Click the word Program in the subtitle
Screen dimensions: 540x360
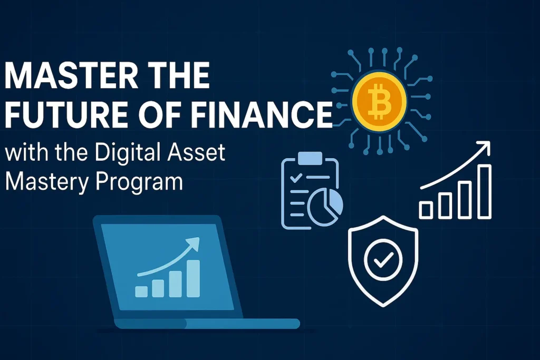click(139, 182)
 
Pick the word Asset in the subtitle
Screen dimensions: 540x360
click(196, 152)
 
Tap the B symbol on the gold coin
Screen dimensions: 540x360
click(380, 101)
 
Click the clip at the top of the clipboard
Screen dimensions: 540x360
click(310, 158)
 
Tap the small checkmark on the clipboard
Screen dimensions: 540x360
click(296, 178)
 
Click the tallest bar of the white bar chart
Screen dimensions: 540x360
click(485, 191)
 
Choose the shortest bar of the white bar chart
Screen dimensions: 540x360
click(426, 210)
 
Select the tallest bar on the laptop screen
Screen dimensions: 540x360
click(193, 278)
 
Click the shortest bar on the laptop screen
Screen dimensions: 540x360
click(141, 291)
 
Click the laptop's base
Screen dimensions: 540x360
click(207, 324)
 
